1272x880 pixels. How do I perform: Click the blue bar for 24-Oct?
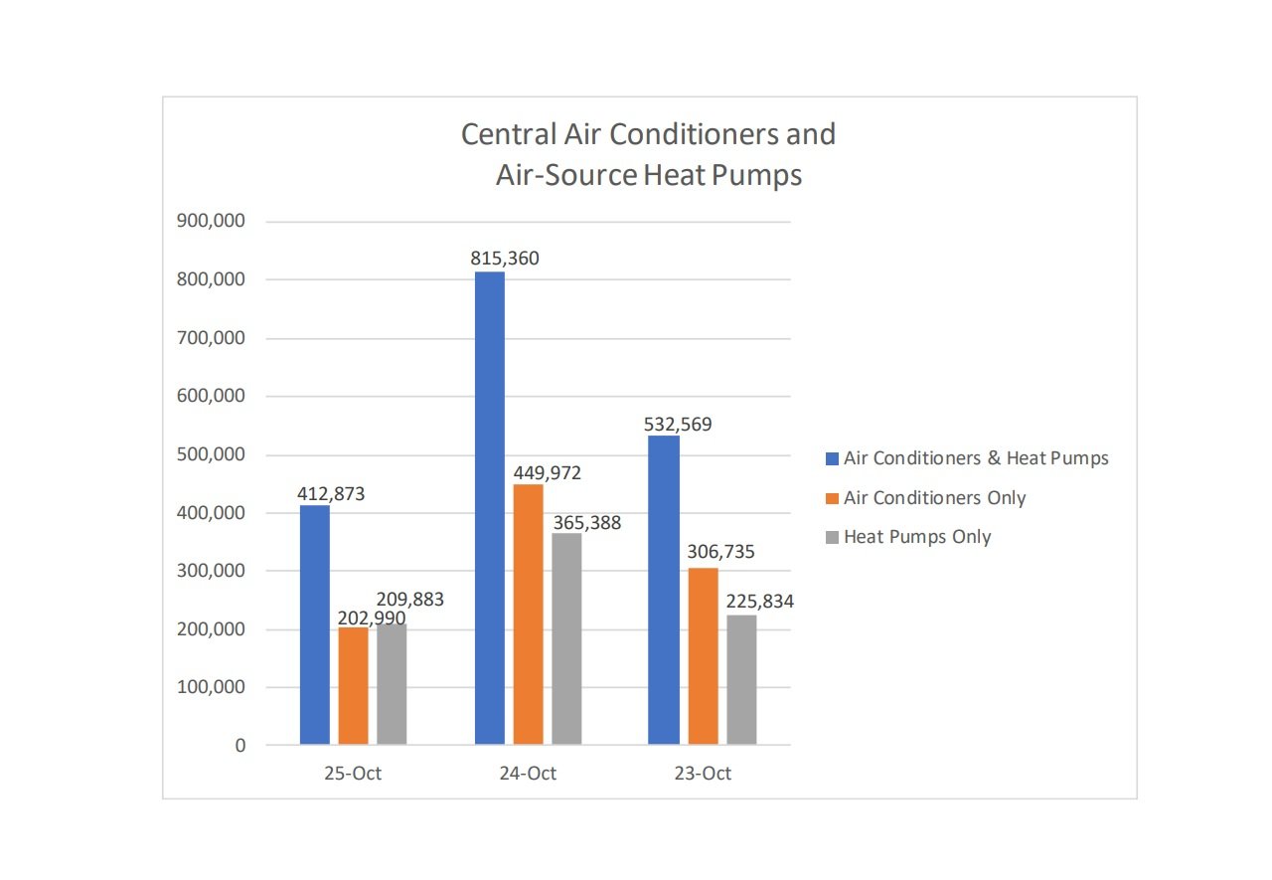[x=489, y=507]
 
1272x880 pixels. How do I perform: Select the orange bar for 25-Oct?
[x=353, y=686]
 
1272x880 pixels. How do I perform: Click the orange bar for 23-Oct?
[x=703, y=655]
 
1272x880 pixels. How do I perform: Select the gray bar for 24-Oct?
[x=566, y=638]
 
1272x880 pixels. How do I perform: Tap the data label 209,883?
[x=409, y=600]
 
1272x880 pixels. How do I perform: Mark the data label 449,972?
[x=547, y=472]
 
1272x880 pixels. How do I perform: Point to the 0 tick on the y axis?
[x=239, y=746]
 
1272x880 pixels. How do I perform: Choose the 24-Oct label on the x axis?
[x=528, y=774]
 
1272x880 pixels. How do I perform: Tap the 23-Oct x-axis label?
[x=703, y=774]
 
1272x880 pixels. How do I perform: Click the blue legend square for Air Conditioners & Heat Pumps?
[x=833, y=458]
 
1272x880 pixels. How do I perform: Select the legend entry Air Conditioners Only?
[x=934, y=497]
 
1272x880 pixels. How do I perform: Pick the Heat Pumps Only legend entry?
[x=917, y=536]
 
